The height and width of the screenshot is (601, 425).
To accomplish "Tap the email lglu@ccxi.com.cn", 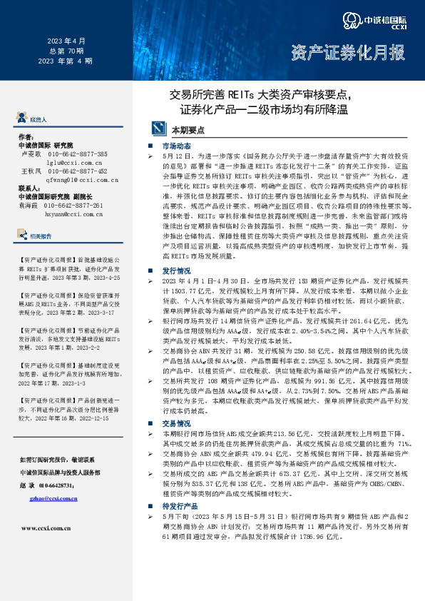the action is click(74, 163).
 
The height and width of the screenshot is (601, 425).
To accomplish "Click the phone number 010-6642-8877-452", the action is click(78, 171).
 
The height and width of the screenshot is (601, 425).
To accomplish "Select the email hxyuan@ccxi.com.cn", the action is click(73, 213).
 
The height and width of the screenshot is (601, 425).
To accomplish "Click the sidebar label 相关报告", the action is click(41, 236).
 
